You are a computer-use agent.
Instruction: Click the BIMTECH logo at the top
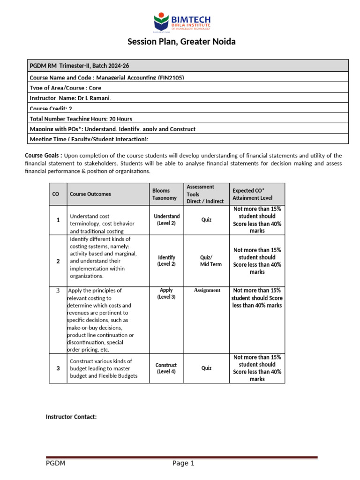[182, 23]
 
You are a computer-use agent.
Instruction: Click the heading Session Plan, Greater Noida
[182, 42]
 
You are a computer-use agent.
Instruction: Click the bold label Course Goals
[43, 156]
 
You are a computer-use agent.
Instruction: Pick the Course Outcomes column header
[90, 194]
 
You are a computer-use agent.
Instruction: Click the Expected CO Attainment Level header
[252, 194]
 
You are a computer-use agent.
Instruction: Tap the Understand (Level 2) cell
[167, 220]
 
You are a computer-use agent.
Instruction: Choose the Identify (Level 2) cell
[167, 261]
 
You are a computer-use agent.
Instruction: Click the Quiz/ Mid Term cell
[206, 261]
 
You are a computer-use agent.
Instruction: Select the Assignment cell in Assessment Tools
[207, 290]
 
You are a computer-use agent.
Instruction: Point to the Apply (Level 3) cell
[166, 293]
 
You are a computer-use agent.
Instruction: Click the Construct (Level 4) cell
[166, 368]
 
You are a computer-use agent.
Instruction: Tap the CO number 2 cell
[58, 261]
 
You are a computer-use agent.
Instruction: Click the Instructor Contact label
[71, 417]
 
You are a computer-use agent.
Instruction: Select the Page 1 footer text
[183, 464]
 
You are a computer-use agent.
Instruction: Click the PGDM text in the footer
[55, 464]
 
